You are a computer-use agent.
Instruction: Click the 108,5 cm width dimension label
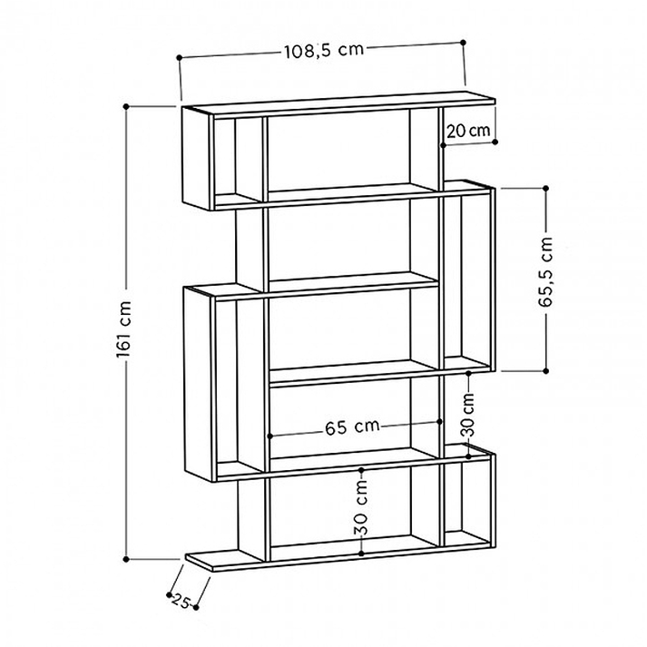[324, 51]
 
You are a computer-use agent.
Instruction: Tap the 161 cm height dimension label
[123, 329]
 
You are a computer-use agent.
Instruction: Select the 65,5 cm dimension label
[545, 272]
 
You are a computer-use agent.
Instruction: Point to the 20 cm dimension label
[468, 132]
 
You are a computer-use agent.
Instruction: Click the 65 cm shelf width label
[352, 427]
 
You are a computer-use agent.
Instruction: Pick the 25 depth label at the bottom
[181, 601]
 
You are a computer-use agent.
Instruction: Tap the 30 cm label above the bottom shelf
[361, 507]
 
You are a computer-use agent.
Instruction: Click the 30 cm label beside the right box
[468, 415]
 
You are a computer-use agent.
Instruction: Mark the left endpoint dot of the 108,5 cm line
[179, 58]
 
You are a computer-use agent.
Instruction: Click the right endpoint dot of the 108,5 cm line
[463, 43]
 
